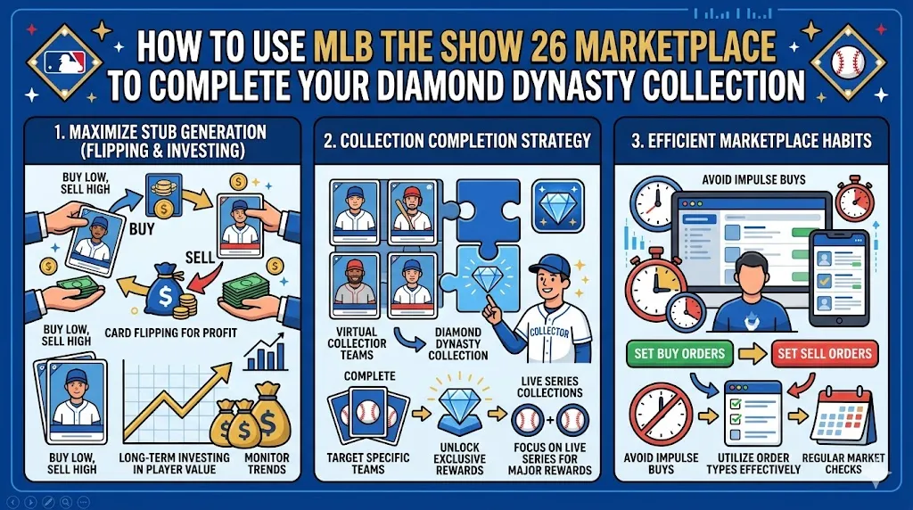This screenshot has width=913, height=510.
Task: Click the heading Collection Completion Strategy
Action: [x=456, y=140]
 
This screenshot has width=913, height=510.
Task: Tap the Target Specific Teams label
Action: [x=367, y=465]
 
